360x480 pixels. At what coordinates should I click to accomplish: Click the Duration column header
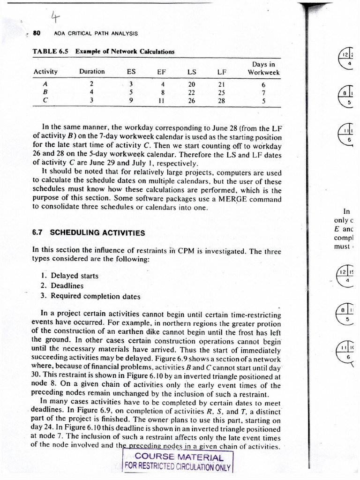pos(92,72)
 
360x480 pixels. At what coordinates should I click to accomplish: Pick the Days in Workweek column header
pos(263,68)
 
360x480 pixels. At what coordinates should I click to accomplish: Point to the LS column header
pos(191,72)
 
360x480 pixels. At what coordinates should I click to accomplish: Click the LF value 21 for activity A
pos(222,84)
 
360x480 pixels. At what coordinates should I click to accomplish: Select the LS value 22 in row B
pos(191,92)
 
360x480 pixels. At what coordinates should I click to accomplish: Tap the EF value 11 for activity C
pos(162,100)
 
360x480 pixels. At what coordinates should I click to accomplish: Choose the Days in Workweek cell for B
pos(263,92)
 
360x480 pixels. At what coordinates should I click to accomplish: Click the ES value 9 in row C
pos(132,100)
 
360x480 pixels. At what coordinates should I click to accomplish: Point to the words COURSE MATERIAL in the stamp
pos(178,457)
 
